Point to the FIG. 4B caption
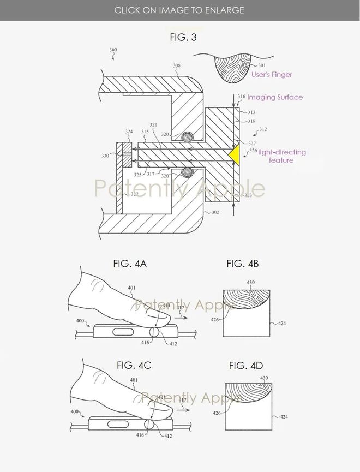point(243,264)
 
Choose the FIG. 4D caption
point(245,365)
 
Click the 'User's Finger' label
point(271,74)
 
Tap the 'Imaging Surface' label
point(275,97)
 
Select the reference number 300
point(113,50)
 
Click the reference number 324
point(129,132)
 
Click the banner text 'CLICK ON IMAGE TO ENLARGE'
point(179,10)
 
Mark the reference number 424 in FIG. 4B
point(281,324)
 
